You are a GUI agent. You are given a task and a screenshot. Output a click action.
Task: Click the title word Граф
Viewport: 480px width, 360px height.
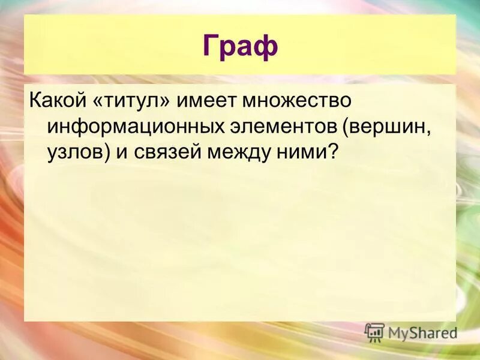[x=240, y=46]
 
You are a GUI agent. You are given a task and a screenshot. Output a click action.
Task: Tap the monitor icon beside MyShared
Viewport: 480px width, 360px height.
[x=374, y=332]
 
